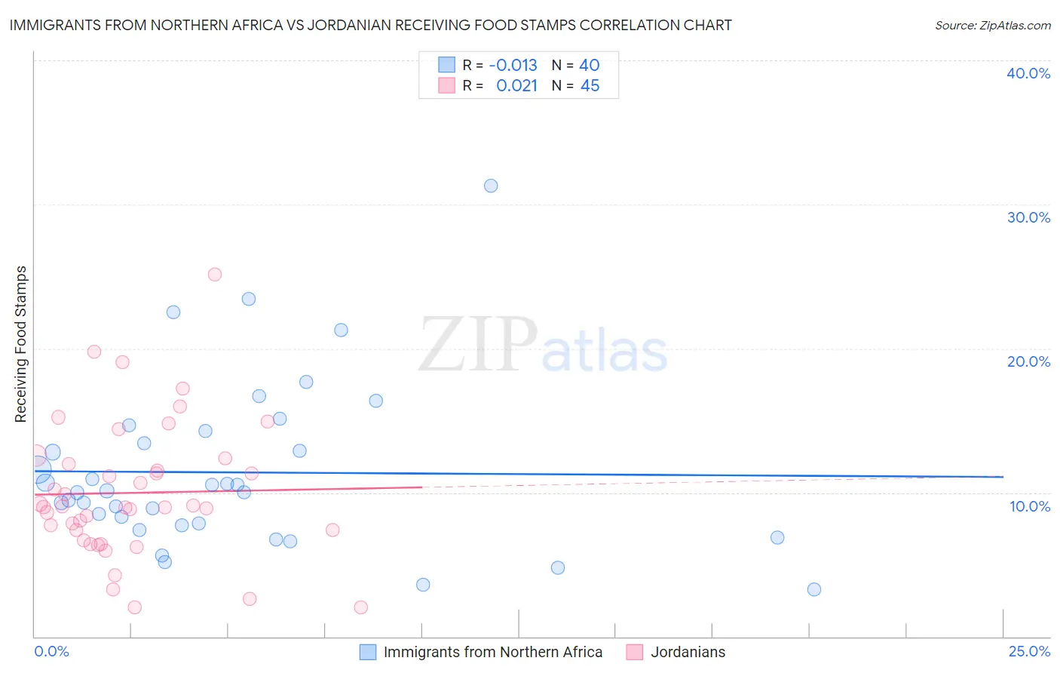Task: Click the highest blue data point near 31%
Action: [x=491, y=186]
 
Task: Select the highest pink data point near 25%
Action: [x=215, y=275]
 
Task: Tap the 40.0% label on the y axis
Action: [x=1028, y=73]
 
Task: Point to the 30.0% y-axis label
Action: [x=1028, y=217]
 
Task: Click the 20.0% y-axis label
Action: [x=1028, y=361]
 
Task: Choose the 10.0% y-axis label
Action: [x=1030, y=506]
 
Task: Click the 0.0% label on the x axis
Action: [x=51, y=652]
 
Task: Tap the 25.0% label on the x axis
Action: [x=1029, y=652]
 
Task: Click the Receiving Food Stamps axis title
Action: [x=21, y=344]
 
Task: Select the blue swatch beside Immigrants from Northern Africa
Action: [x=367, y=653]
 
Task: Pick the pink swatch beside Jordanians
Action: [x=635, y=653]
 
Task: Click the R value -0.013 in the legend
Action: [x=513, y=66]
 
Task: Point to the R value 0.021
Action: [x=516, y=86]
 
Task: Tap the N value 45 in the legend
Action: [x=590, y=86]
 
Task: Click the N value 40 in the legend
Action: [x=589, y=66]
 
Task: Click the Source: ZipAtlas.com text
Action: [x=992, y=26]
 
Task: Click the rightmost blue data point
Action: [x=814, y=590]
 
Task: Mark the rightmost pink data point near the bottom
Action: [x=361, y=608]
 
